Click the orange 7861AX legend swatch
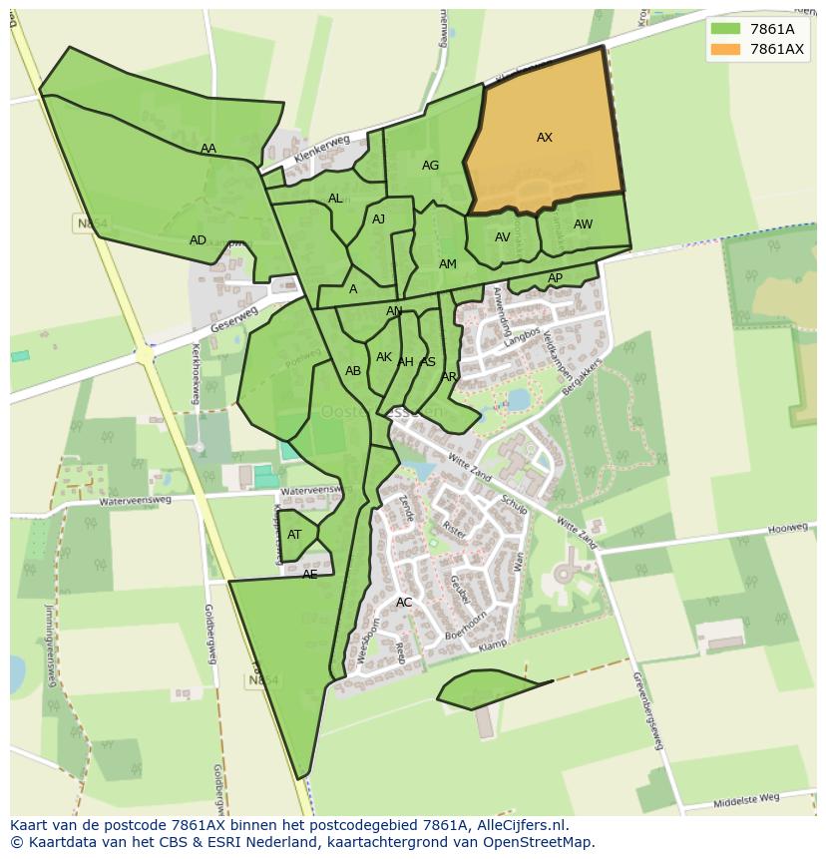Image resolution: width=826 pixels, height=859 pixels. [725, 49]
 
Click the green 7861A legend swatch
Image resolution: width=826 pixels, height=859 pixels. [725, 29]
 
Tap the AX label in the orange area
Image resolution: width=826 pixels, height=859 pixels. [545, 138]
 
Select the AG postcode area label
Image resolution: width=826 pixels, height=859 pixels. [430, 166]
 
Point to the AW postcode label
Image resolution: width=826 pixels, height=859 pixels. [583, 224]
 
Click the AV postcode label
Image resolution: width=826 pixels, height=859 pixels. [503, 237]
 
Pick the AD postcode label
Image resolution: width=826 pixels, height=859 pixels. [198, 240]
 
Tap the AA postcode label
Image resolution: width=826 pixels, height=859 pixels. [207, 149]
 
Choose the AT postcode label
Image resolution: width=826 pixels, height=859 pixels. [294, 535]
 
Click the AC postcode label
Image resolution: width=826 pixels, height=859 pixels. [404, 603]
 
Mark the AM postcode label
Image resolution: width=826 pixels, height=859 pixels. [448, 264]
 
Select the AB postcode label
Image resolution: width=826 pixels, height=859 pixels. [353, 371]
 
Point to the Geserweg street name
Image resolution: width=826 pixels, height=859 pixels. [234, 320]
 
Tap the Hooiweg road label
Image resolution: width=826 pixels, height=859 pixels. [787, 527]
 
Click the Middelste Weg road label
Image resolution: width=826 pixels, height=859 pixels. [747, 798]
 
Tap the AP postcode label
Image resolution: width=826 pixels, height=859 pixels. [555, 278]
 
